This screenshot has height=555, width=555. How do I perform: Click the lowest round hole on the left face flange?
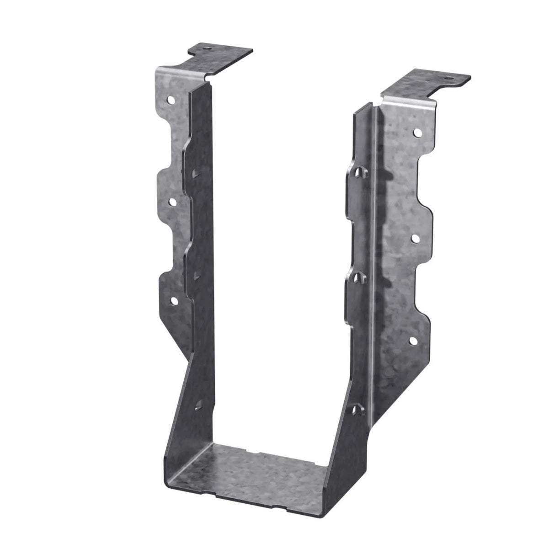click(x=174, y=300)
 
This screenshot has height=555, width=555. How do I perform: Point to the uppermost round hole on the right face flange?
click(x=418, y=133)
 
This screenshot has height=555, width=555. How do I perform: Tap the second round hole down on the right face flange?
click(x=416, y=238)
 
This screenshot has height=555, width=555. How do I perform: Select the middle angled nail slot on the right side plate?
click(x=360, y=277)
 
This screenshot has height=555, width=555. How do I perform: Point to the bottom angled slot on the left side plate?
click(x=199, y=403)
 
